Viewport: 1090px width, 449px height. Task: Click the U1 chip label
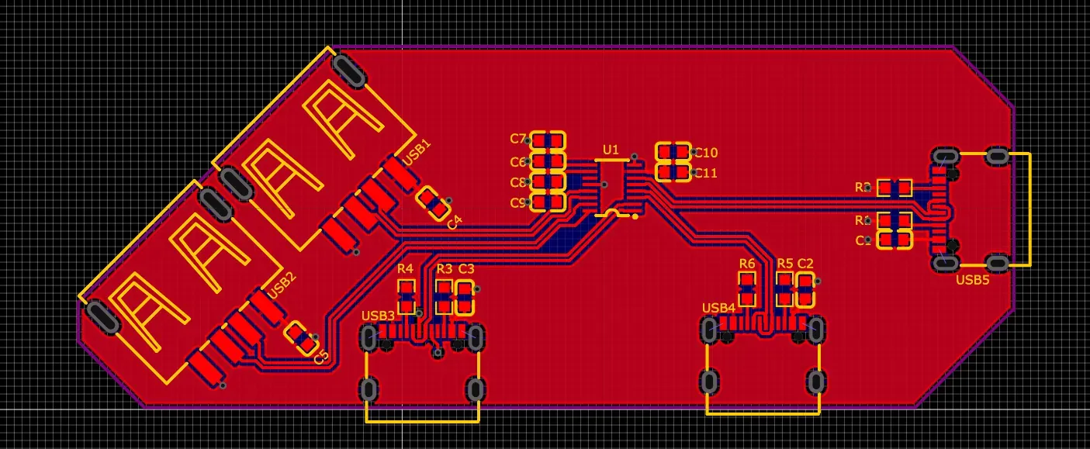click(x=611, y=149)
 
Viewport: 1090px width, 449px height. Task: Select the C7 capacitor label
click(x=517, y=139)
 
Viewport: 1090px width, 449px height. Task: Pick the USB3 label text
click(x=378, y=316)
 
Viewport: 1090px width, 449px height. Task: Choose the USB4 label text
click(x=718, y=308)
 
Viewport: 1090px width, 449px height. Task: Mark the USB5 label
click(x=972, y=280)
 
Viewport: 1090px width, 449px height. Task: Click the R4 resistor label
click(x=405, y=269)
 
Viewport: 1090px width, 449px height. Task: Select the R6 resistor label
click(x=747, y=264)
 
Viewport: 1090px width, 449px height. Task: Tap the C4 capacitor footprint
click(x=434, y=202)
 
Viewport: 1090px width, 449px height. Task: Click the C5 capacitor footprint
click(x=301, y=337)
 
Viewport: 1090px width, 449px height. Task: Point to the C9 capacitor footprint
click(x=548, y=202)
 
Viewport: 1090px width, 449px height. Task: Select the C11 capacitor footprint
click(x=673, y=171)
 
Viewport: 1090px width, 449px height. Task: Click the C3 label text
click(x=466, y=268)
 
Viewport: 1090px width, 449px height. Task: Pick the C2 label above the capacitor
click(x=805, y=264)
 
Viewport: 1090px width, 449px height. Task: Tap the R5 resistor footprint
click(x=785, y=289)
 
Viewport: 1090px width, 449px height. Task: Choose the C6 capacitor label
click(x=517, y=162)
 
